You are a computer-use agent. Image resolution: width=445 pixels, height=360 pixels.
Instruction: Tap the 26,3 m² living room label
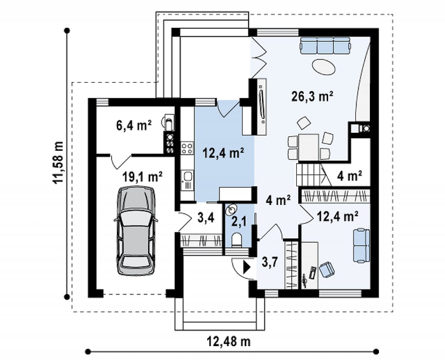pos(312,97)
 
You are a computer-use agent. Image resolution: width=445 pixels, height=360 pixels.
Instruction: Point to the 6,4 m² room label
pos(134,125)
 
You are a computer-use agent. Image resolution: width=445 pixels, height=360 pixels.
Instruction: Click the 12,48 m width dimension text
pos(229,342)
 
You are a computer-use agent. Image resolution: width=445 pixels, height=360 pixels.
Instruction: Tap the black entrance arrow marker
pos(247,267)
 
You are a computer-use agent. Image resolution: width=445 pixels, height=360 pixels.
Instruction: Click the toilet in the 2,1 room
pos(236,239)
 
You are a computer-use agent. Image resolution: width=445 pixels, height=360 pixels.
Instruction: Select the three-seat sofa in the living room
pos(325,45)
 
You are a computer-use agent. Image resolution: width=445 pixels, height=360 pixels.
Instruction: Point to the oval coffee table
pos(324,67)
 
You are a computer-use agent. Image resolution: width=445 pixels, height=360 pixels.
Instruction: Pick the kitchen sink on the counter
pos(188,179)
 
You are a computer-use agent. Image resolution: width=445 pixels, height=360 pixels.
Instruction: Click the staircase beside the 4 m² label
pos(311,175)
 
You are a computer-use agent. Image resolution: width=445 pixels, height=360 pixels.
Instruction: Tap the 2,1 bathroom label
pos(238,222)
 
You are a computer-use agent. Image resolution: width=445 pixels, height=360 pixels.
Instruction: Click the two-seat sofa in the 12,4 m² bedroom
pos(361,246)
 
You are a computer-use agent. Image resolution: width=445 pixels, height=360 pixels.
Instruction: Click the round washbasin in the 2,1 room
pos(231,209)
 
